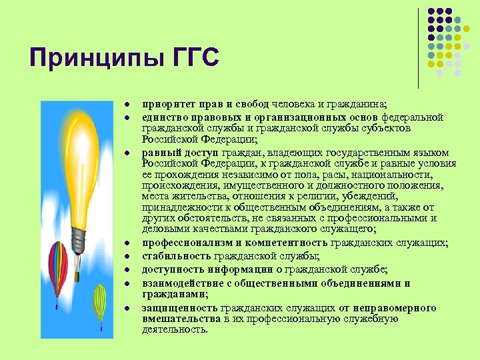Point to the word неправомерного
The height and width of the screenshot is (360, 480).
point(393,307)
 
